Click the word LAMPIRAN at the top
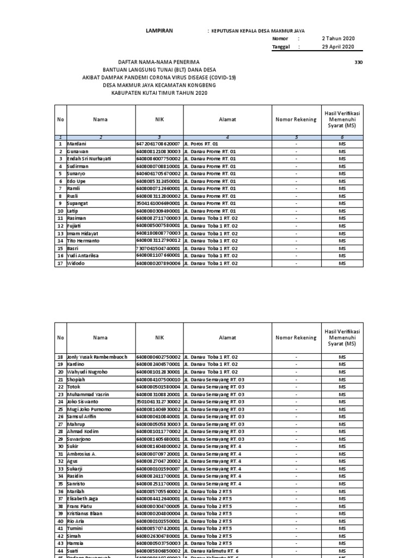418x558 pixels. click(x=159, y=31)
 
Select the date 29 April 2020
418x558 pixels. click(x=338, y=47)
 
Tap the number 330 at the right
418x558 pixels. click(x=358, y=62)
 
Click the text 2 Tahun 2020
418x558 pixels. click(x=338, y=39)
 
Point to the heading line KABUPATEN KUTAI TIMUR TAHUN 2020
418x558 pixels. click(x=159, y=93)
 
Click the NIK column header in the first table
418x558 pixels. click(x=159, y=119)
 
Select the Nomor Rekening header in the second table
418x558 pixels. click(x=296, y=338)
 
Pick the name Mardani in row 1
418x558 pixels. click(x=76, y=143)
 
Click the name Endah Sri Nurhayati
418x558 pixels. click(x=89, y=158)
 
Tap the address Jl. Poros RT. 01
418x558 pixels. click(x=201, y=143)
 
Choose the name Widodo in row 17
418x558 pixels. click(x=76, y=263)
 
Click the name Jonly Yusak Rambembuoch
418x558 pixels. click(x=97, y=356)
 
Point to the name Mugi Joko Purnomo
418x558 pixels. click(x=89, y=409)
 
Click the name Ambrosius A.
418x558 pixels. click(x=81, y=453)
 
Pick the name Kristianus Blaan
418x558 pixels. click(x=86, y=513)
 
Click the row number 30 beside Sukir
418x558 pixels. click(x=60, y=446)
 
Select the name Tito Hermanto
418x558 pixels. click(x=83, y=240)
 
